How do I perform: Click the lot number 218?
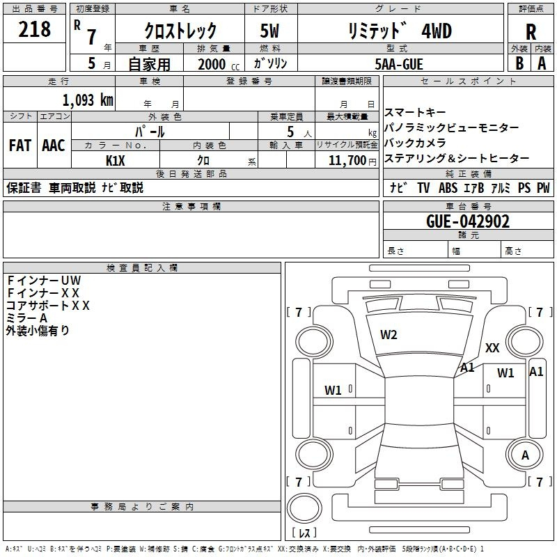[34, 29]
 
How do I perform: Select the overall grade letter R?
[531, 32]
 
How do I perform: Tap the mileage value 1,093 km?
[88, 100]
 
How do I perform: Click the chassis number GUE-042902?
[468, 221]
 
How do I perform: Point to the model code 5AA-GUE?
[399, 64]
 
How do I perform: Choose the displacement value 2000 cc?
[219, 64]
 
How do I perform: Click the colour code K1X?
[116, 161]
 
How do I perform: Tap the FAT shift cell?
[20, 146]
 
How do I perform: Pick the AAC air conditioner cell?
[54, 146]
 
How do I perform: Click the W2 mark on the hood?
[389, 335]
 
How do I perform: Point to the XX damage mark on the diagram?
[492, 347]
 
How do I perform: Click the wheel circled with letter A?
[525, 455]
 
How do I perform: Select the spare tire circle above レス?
[304, 508]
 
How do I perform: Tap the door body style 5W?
[269, 31]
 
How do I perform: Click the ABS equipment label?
[448, 188]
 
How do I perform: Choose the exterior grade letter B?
[519, 63]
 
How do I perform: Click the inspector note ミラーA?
[26, 318]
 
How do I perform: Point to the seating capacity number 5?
[290, 132]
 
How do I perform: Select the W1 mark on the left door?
[333, 391]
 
